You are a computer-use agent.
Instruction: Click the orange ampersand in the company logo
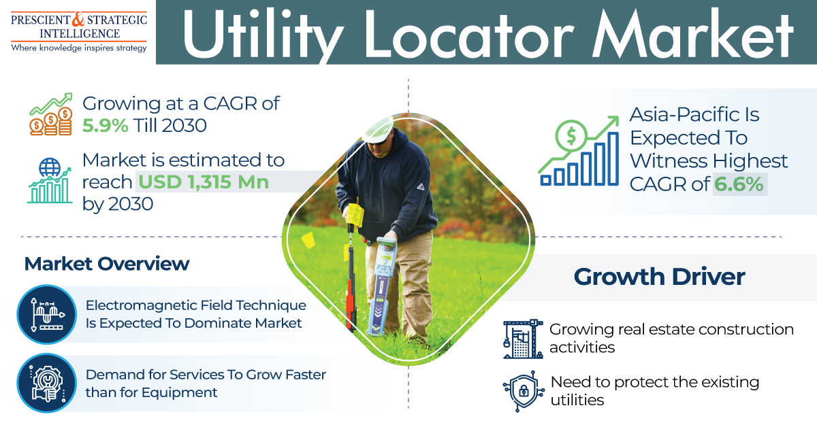tap(78, 19)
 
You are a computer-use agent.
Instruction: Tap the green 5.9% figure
tap(105, 126)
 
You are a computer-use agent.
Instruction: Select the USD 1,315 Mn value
tap(204, 182)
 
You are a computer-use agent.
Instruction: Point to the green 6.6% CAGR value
tap(738, 184)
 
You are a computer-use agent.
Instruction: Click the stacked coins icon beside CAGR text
tap(50, 114)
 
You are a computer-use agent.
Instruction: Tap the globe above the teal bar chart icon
tap(50, 167)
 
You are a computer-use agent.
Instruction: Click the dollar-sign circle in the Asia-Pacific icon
tap(571, 135)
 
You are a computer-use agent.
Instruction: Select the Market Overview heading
tap(107, 263)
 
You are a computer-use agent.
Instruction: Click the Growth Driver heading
tap(659, 277)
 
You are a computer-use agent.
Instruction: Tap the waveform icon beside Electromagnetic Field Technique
tap(47, 314)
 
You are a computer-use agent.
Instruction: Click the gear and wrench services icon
tap(47, 383)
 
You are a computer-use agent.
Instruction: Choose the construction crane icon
tap(523, 339)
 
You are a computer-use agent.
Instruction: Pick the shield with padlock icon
tap(524, 391)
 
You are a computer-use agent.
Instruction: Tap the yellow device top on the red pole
tap(354, 215)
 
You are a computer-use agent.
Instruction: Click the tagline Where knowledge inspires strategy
tap(79, 48)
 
